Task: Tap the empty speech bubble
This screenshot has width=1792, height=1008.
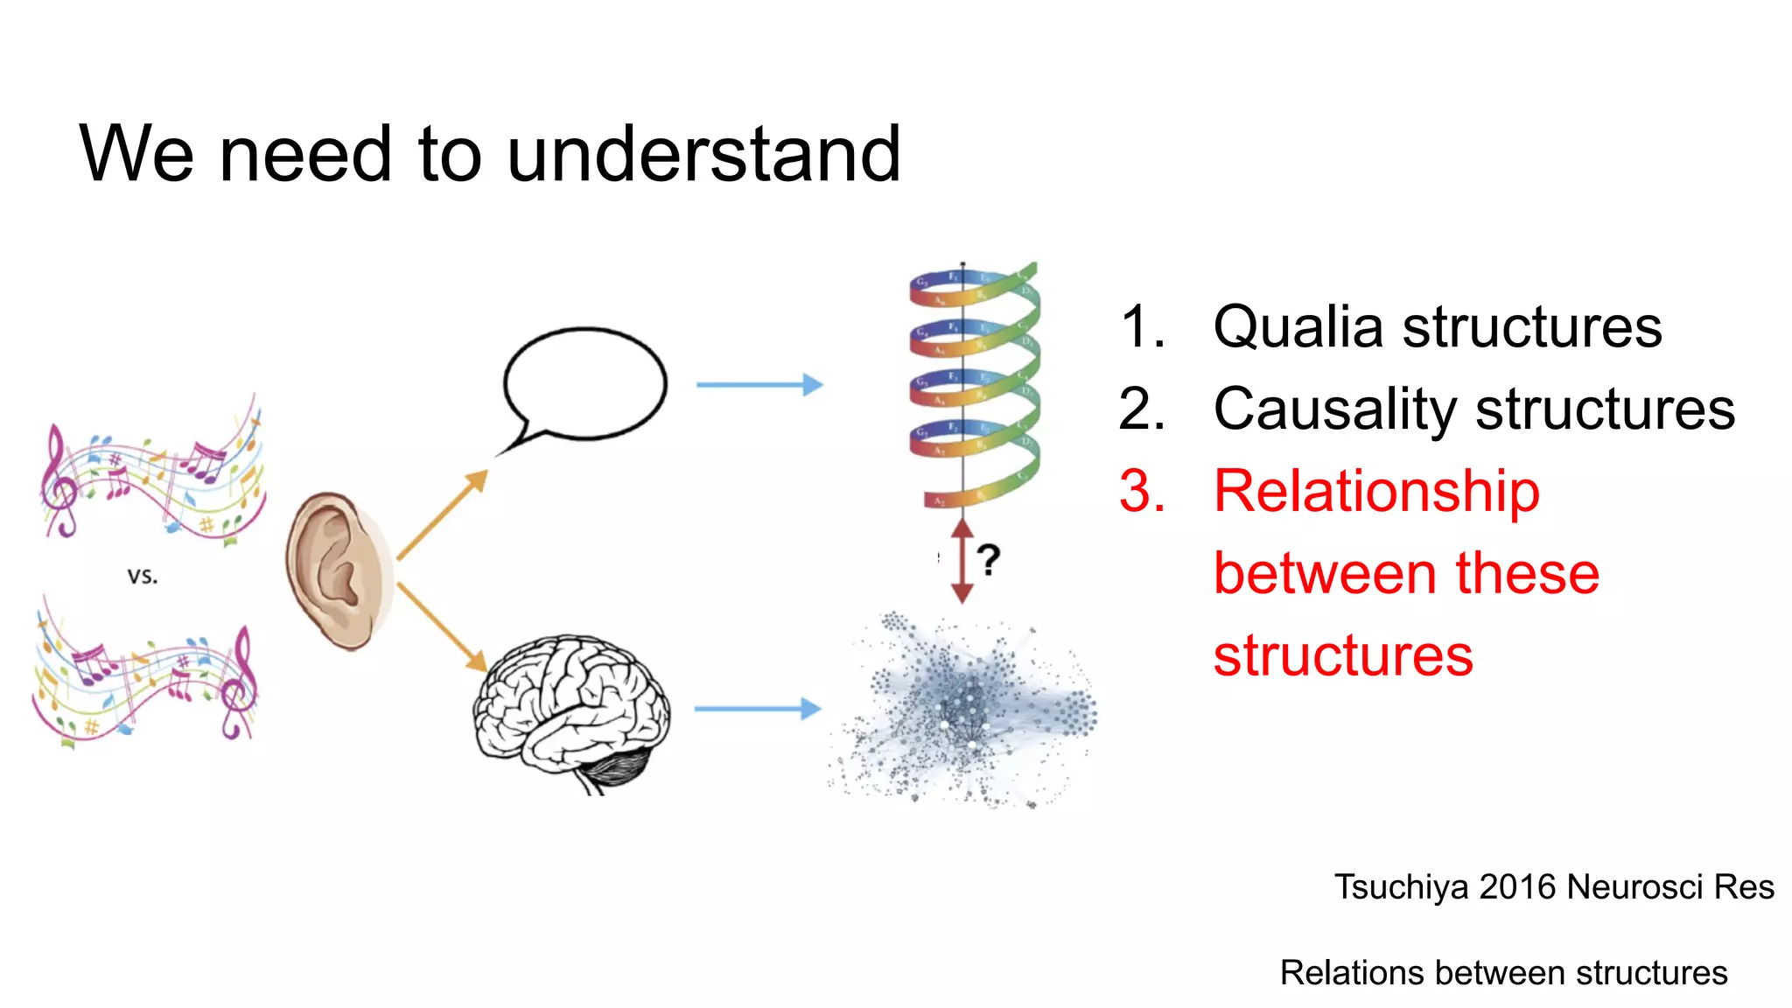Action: [x=584, y=383]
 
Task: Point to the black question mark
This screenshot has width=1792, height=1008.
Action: [x=988, y=560]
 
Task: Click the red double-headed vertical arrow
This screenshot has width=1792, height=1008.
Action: [x=962, y=560]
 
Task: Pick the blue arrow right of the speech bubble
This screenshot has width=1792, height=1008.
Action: [x=759, y=384]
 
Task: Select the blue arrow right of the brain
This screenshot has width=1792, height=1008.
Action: [x=757, y=709]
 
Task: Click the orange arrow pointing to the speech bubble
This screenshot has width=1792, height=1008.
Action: [x=442, y=515]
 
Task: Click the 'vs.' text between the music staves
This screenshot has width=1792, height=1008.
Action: [x=143, y=577]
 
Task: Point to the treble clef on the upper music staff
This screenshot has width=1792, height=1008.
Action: [x=60, y=481]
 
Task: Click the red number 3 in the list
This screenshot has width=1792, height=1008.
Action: [x=1141, y=492]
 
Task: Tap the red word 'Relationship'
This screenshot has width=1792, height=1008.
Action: [x=1376, y=492]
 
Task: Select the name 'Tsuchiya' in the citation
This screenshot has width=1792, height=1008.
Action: [x=1401, y=887]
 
